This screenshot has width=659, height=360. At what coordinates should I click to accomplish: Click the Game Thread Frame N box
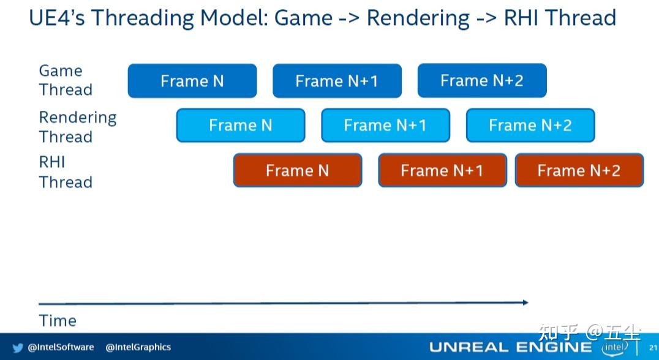pyautogui.click(x=192, y=81)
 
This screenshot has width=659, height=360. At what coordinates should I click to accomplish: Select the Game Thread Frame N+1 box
pyautogui.click(x=337, y=81)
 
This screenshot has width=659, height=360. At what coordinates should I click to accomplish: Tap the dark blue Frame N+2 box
pyautogui.click(x=482, y=80)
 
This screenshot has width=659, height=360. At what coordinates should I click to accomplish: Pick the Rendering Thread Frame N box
pyautogui.click(x=241, y=125)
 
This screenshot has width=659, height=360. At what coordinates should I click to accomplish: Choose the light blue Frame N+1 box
pyautogui.click(x=385, y=125)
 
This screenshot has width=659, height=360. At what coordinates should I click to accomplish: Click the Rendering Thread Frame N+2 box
pyautogui.click(x=530, y=125)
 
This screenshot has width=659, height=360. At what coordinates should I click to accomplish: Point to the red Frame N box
pyautogui.click(x=298, y=170)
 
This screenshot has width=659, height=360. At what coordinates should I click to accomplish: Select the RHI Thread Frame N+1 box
pyautogui.click(x=443, y=170)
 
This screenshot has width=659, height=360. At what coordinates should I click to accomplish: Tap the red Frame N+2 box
pyautogui.click(x=579, y=170)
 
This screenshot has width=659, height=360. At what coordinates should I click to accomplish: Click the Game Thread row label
pyautogui.click(x=66, y=80)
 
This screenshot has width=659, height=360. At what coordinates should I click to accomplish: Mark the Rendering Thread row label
pyautogui.click(x=78, y=127)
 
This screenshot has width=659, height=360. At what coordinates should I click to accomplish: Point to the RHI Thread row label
pyautogui.click(x=66, y=172)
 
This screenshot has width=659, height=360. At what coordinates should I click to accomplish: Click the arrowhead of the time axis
pyautogui.click(x=525, y=302)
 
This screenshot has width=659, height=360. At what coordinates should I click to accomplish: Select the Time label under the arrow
pyautogui.click(x=58, y=321)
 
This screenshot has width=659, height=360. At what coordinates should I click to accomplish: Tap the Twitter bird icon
pyautogui.click(x=18, y=348)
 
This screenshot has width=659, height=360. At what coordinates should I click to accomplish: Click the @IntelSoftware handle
pyautogui.click(x=61, y=347)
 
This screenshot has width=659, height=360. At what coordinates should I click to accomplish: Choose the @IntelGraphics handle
pyautogui.click(x=138, y=347)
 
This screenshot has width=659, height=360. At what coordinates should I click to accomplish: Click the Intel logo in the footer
pyautogui.click(x=615, y=347)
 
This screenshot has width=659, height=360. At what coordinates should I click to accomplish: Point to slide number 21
pyautogui.click(x=653, y=348)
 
